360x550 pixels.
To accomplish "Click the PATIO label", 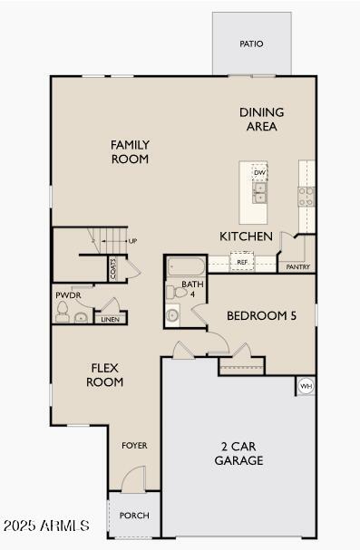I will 252,43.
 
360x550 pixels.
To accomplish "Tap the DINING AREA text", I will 261,120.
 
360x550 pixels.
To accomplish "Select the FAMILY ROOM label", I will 130,151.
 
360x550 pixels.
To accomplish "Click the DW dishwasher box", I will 259,172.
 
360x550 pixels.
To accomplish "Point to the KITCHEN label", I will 246,236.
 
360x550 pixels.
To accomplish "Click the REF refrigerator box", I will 242,263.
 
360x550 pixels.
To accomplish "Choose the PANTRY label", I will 298,267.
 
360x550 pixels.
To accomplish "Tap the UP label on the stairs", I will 132,241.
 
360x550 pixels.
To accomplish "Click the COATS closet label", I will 113,267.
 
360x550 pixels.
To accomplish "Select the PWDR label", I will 68,295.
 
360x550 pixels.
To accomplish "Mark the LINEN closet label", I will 110,319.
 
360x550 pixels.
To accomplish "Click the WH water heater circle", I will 306,386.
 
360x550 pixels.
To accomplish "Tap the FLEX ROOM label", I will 105,374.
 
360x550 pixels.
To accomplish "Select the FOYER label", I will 134,446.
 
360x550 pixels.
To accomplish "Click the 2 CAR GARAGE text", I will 239,453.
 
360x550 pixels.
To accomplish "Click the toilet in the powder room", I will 63,312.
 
